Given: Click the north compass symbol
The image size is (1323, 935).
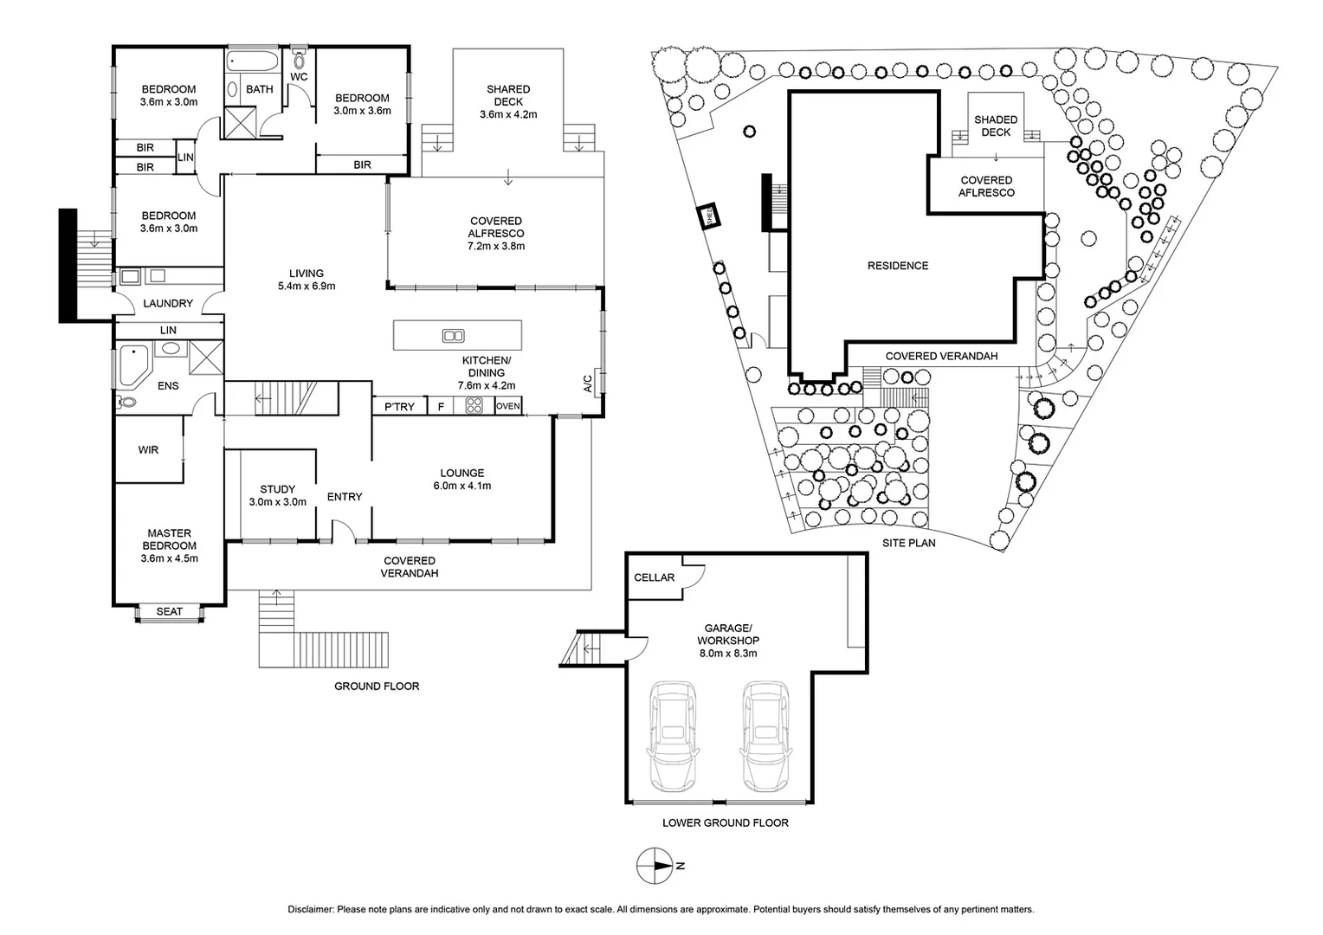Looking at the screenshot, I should pos(655,865).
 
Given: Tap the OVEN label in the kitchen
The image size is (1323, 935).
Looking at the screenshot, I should pos(508,406).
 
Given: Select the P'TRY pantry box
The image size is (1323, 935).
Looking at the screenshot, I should pos(399,406).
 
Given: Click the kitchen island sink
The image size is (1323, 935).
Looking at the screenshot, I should pos(453,336).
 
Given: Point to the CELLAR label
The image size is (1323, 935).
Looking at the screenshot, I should pos(654,577).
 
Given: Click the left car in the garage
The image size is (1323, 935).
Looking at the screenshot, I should pos(673,735).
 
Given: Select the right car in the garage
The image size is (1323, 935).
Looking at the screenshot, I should pos(765,735).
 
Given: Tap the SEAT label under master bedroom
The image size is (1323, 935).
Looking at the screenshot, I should pos(170,612).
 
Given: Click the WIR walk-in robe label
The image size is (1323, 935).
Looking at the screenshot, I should pos(148,450).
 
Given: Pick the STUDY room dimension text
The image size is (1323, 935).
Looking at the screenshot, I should pos(277,502).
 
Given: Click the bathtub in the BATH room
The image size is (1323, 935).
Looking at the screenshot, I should pos(253,62).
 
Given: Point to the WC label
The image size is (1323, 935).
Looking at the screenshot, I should pos(299,77).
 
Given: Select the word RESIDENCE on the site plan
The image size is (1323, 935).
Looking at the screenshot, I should pos(898,266).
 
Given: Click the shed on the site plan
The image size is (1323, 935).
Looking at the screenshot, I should pos(708,216).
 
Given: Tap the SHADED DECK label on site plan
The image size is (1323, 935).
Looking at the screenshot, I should pos(996,126).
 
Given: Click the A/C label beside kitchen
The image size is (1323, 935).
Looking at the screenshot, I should pos(588,384).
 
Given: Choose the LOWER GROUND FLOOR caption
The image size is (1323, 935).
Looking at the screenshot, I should pos(725,822).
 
